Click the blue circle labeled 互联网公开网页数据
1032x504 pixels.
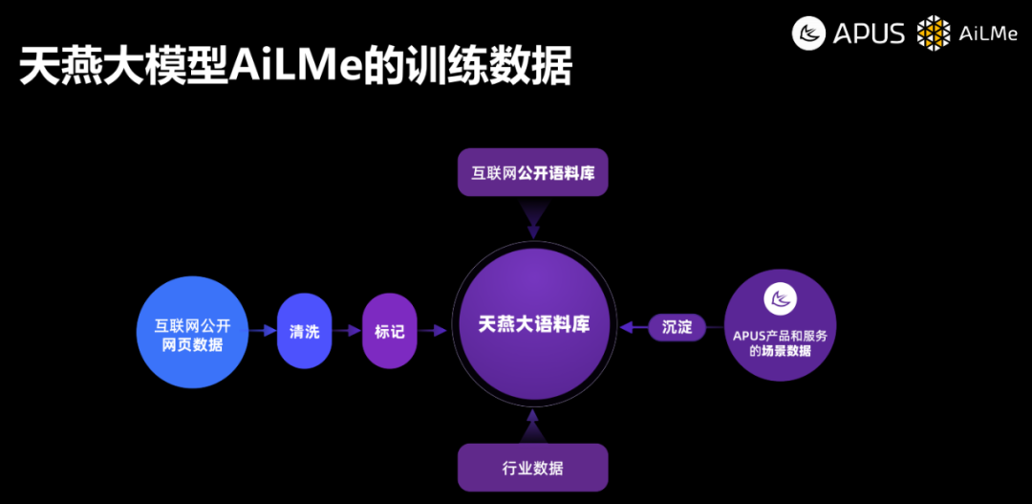tap(193, 331)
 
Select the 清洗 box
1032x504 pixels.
tap(305, 332)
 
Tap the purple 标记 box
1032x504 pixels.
tap(390, 332)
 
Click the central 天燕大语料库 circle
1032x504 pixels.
tap(534, 324)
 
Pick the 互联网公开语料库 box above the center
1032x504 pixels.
tap(533, 173)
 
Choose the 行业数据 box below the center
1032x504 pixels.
tap(533, 468)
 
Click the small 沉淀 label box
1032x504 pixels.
tap(677, 326)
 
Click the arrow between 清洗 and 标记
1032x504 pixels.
tap(347, 332)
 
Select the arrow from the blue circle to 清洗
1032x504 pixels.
tap(261, 332)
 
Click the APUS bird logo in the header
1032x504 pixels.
tap(808, 33)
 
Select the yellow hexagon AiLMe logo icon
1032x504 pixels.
tap(934, 33)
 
